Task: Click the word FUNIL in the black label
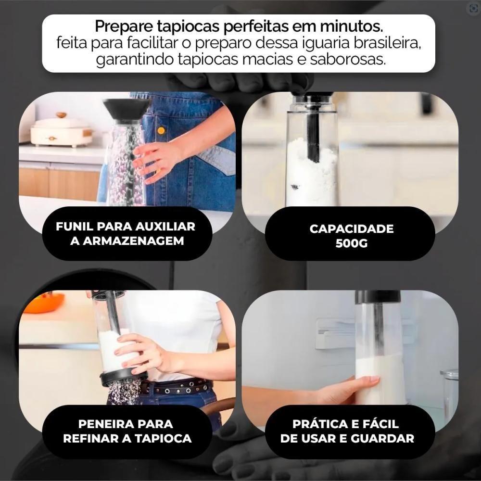pos(76,227)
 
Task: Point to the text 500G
pos(351,243)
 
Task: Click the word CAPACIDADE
pos(351,228)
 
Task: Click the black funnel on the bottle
pos(126,108)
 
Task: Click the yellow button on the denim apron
pos(161,130)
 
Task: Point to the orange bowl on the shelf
pos(43,303)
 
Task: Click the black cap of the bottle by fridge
pos(378,297)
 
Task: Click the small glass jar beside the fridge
pos(450,390)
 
